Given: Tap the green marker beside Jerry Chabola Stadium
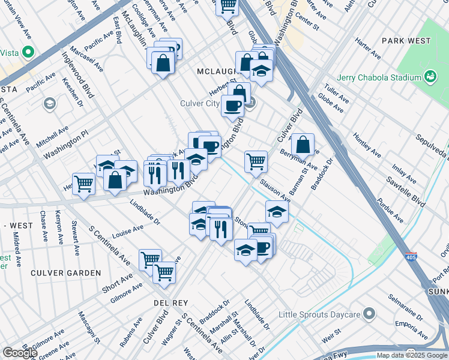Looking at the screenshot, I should tap(430, 76).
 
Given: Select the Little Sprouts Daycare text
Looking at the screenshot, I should tap(318, 314).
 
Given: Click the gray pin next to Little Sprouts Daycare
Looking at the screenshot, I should tap(369, 313).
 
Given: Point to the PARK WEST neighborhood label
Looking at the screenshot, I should tap(406, 41).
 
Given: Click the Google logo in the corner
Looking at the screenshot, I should tap(20, 353).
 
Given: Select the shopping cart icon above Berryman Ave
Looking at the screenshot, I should tap(256, 161).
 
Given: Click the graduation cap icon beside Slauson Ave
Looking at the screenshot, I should tap(277, 211).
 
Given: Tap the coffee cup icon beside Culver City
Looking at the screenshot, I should tap(232, 106).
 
